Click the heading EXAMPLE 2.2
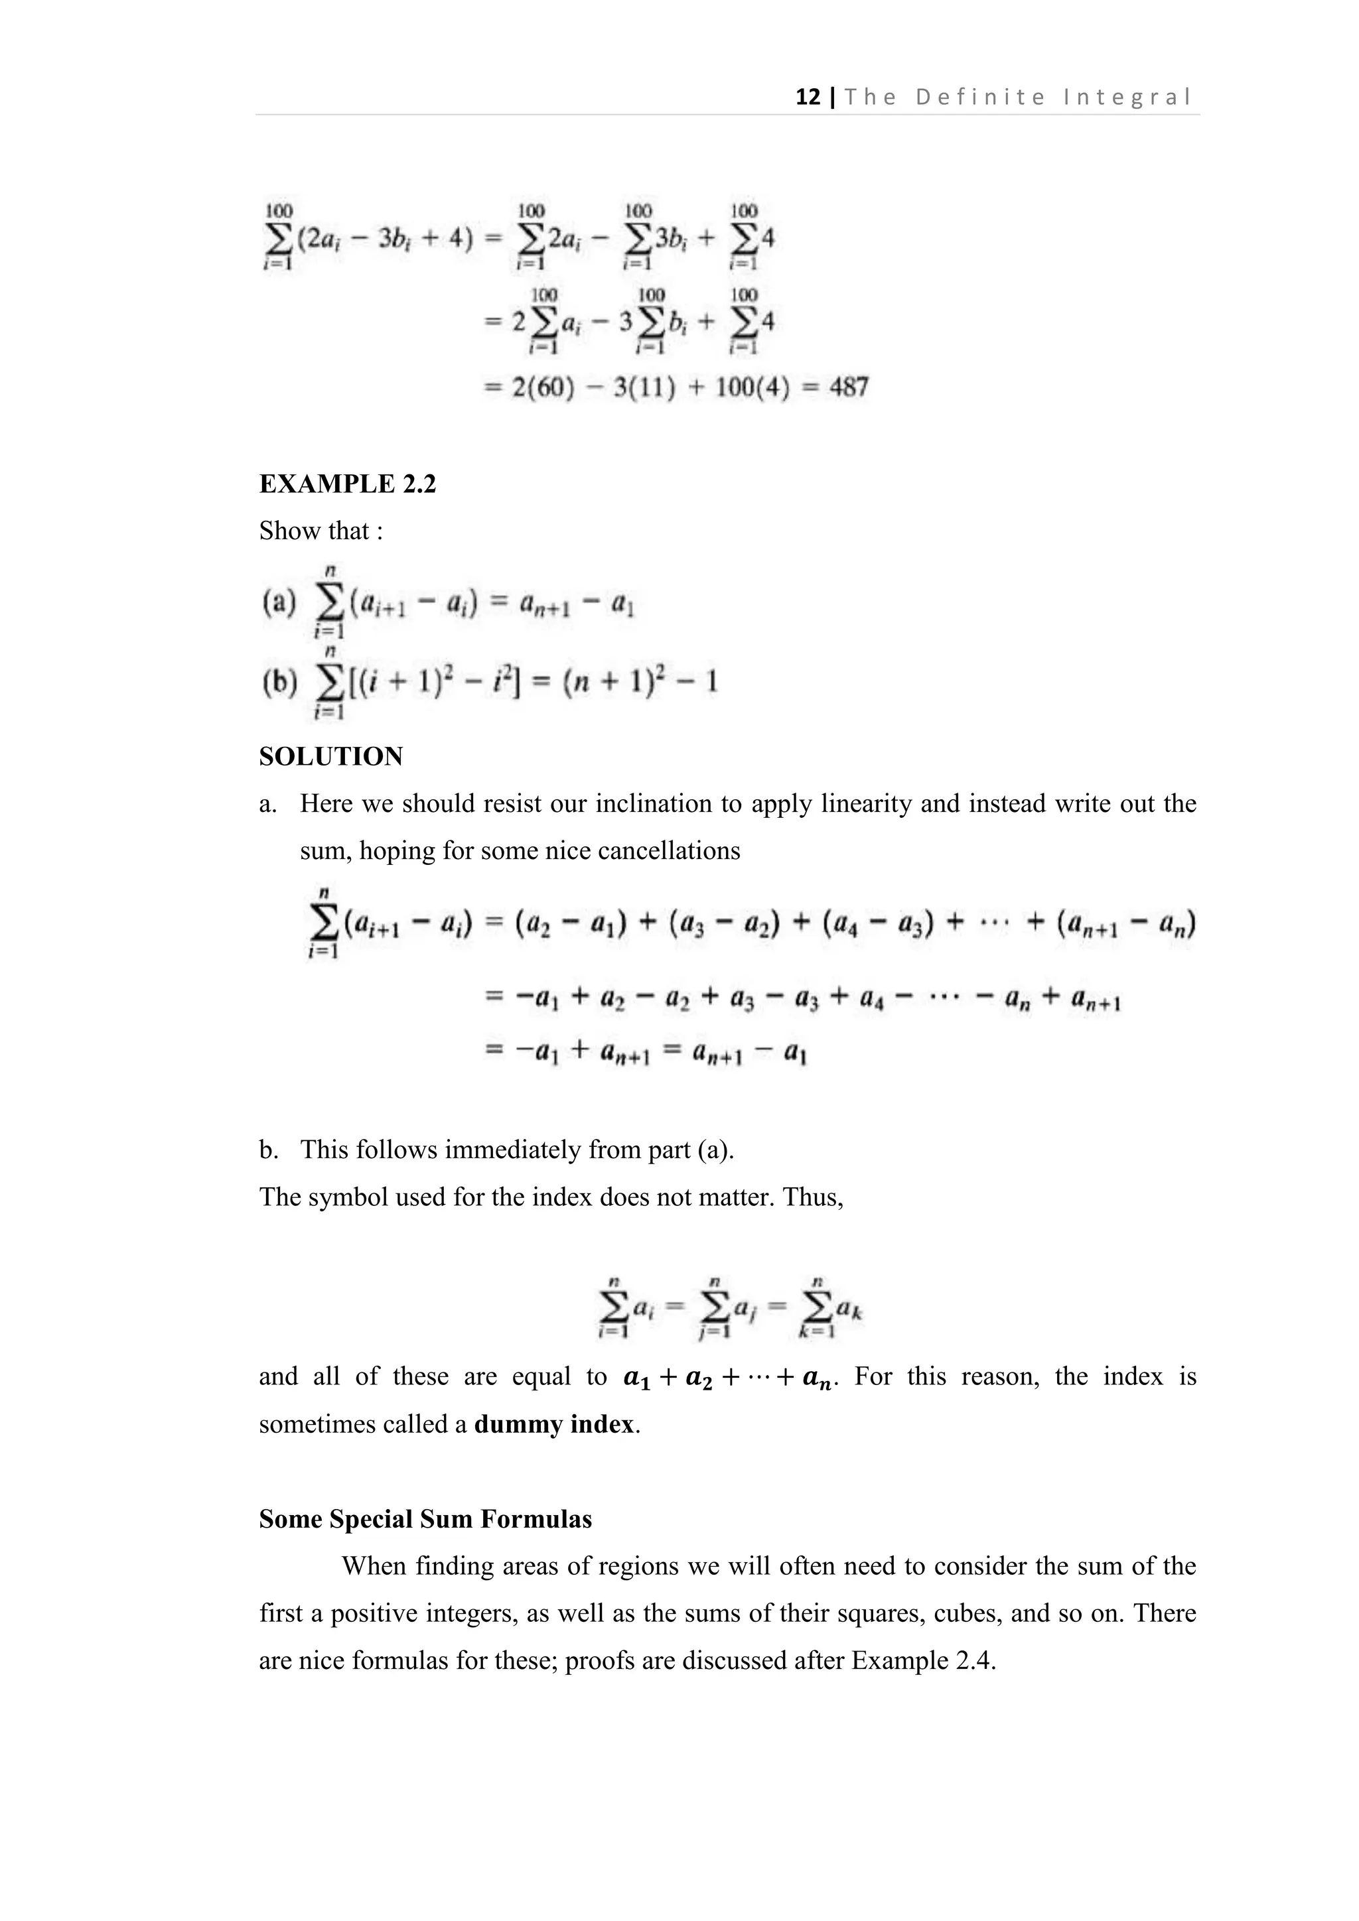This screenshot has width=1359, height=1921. [347, 484]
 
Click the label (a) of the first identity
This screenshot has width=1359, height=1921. [279, 603]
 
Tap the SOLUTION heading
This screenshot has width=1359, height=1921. [330, 756]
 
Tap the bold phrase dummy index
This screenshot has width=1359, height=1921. [554, 1424]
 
